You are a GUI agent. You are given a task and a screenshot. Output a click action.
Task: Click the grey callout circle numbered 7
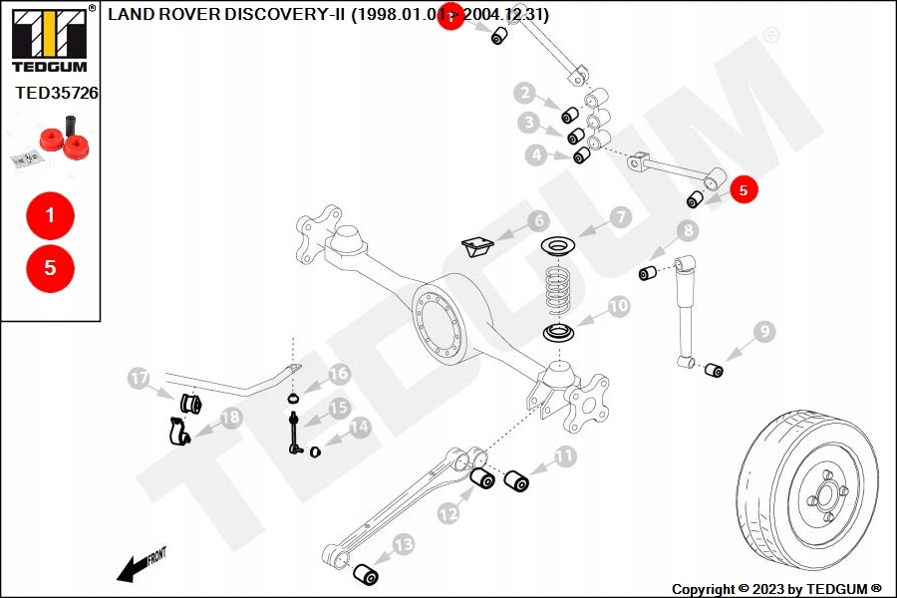tap(619, 216)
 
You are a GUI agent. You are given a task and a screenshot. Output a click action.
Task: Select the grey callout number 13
tap(403, 544)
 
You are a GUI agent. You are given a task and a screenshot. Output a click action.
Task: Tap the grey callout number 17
tap(139, 379)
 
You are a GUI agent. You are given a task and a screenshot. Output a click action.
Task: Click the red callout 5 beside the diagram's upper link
tap(744, 188)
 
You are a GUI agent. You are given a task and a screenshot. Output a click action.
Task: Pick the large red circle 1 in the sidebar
tap(50, 213)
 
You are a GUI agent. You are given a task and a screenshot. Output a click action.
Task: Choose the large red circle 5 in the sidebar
tap(50, 268)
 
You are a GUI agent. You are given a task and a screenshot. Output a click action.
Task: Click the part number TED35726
tap(57, 94)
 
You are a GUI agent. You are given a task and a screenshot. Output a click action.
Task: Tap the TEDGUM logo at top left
tap(49, 40)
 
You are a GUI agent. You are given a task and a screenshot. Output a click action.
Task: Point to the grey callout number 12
tap(448, 514)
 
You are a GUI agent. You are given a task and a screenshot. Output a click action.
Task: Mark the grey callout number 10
tap(619, 306)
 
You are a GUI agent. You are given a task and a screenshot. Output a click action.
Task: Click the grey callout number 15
tap(340, 408)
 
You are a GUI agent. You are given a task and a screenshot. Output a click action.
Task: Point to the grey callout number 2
tap(525, 94)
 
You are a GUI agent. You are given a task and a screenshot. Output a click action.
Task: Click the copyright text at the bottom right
tap(776, 589)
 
